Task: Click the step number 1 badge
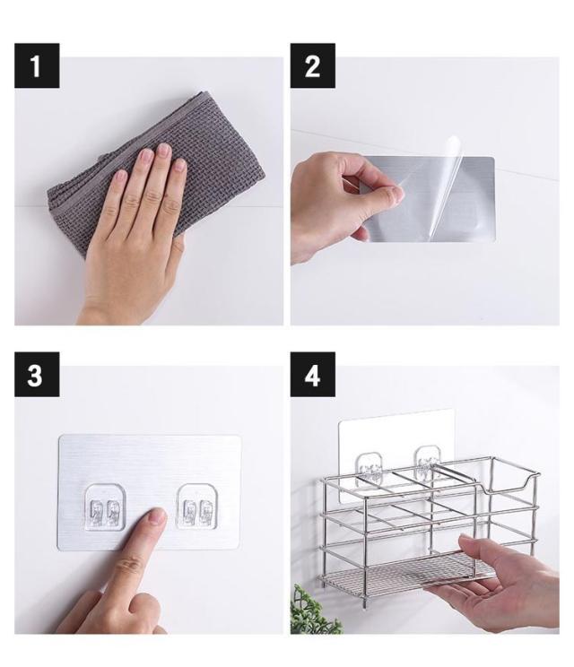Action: pyautogui.click(x=37, y=65)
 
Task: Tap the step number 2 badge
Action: pyautogui.click(x=312, y=65)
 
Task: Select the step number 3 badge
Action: pyautogui.click(x=37, y=375)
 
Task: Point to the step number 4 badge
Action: pyautogui.click(x=312, y=375)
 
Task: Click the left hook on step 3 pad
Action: pyautogui.click(x=105, y=507)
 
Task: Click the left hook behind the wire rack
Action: pyautogui.click(x=368, y=466)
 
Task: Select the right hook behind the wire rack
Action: pyautogui.click(x=428, y=459)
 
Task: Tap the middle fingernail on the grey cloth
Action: pyautogui.click(x=164, y=150)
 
